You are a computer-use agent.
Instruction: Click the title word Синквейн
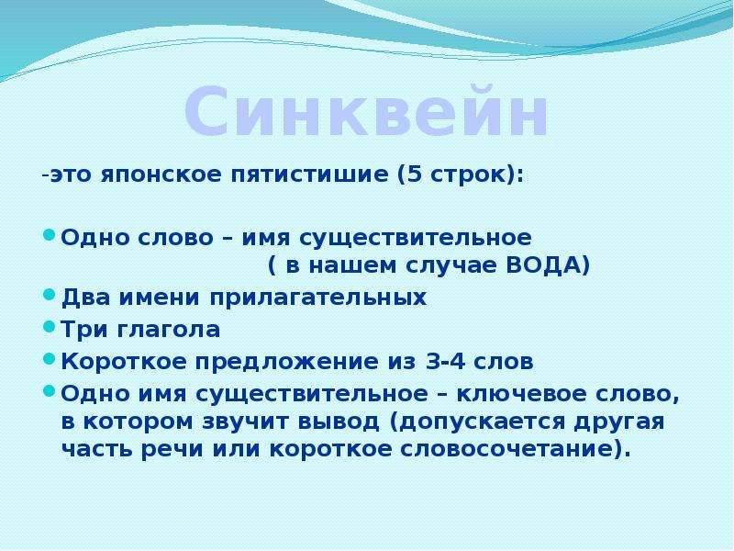[x=365, y=111]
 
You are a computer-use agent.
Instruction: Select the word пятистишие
[x=309, y=175]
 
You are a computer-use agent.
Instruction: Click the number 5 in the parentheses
[x=415, y=174]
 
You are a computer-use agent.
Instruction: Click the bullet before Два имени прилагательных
[x=50, y=295]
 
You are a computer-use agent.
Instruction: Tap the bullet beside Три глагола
[x=50, y=327]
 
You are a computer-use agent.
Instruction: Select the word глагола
[x=168, y=330]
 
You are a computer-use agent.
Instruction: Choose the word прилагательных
[x=317, y=298]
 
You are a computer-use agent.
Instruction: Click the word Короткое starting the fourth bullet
[x=124, y=361]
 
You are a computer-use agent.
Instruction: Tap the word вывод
[x=338, y=422]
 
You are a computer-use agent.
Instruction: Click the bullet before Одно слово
[x=50, y=234]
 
